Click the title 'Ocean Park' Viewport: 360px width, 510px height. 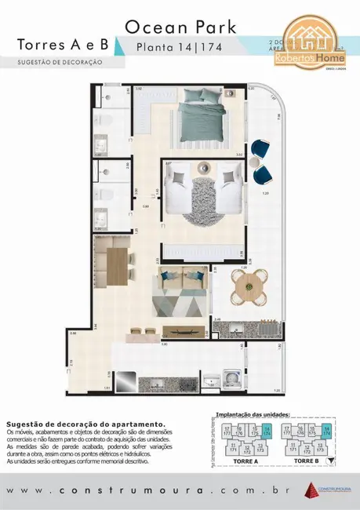pos(180,27)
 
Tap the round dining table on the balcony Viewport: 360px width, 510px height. pos(248,286)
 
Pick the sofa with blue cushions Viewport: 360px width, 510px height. pos(183,279)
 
